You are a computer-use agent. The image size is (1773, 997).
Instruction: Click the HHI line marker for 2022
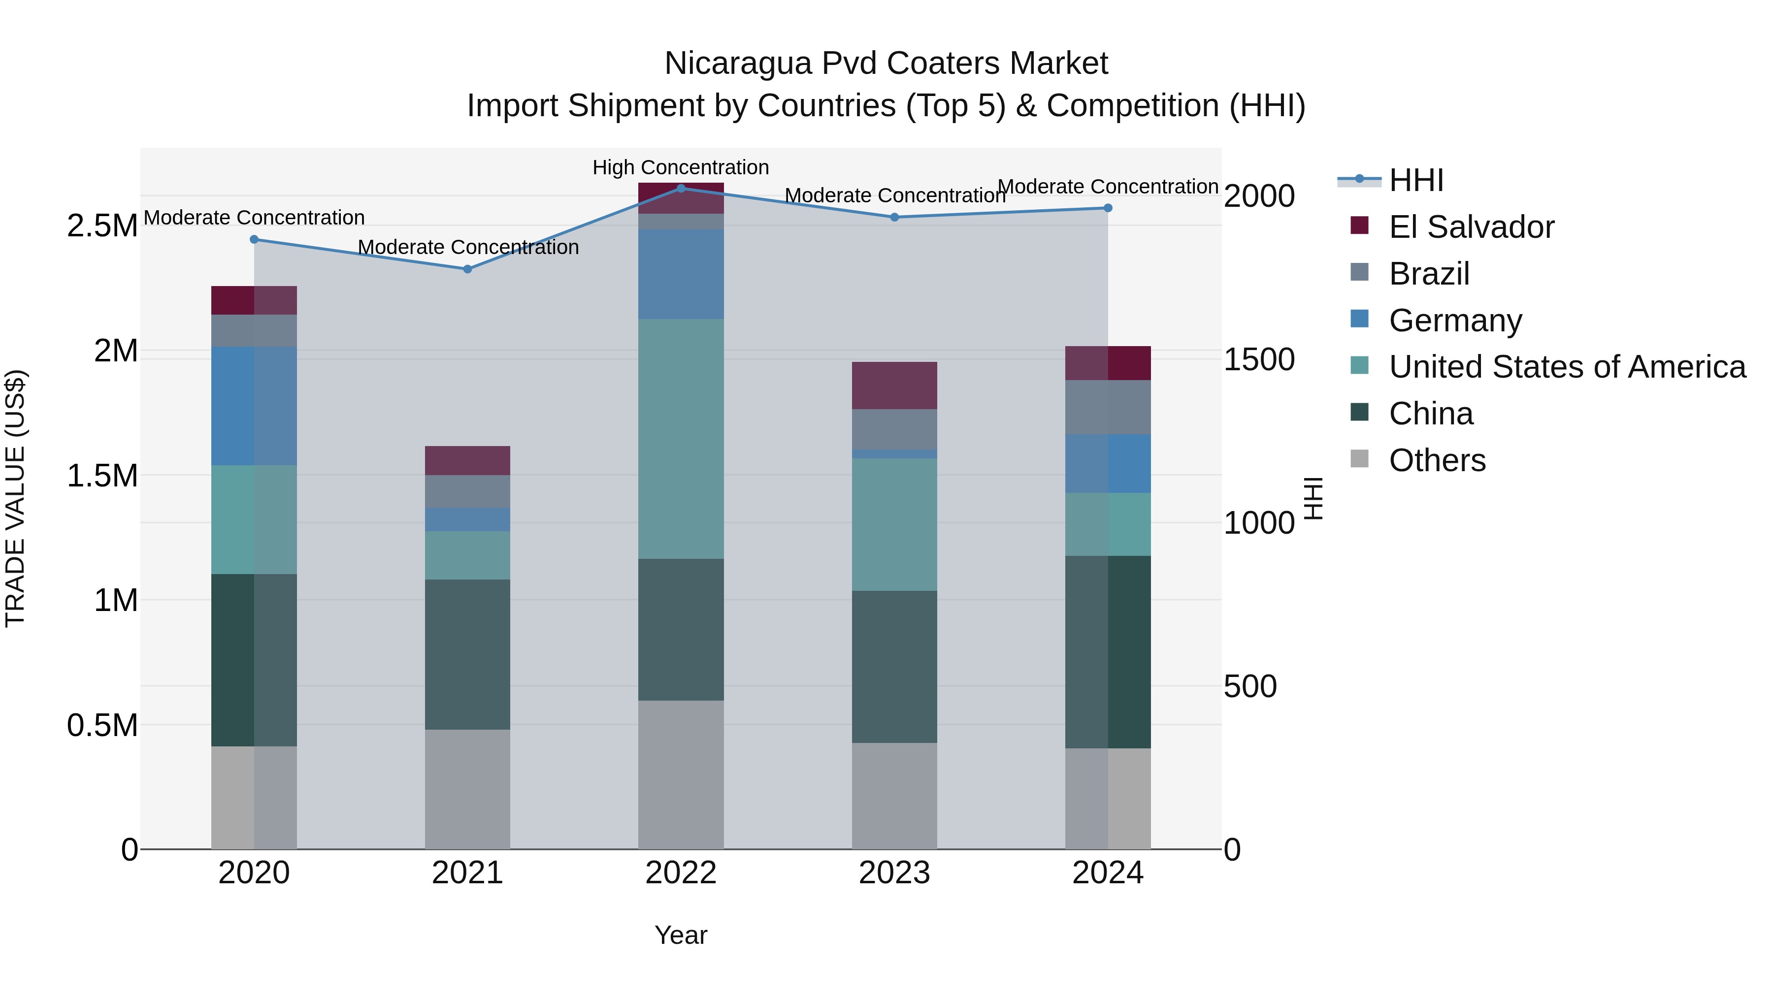[681, 188]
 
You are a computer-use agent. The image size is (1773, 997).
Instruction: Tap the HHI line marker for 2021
[467, 269]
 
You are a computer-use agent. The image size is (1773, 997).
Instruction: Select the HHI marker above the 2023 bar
[894, 218]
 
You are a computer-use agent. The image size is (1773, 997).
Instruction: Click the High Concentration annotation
[680, 167]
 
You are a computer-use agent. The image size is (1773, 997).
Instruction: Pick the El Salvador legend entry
[1471, 227]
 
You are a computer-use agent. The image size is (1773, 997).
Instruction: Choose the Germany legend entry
[1455, 321]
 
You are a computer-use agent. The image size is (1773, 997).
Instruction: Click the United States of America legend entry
[1567, 367]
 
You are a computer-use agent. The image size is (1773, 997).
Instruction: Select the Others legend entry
[1437, 460]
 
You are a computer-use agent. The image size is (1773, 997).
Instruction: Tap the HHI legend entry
[1416, 180]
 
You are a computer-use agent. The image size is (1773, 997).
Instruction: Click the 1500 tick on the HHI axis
[1259, 359]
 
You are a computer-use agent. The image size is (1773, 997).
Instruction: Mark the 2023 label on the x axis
[894, 873]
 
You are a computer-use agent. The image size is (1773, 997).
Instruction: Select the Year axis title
[680, 935]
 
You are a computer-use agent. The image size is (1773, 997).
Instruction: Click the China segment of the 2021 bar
[467, 654]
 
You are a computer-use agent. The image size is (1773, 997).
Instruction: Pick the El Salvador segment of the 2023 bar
[894, 386]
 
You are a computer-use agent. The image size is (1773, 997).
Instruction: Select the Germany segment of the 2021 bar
[467, 519]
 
